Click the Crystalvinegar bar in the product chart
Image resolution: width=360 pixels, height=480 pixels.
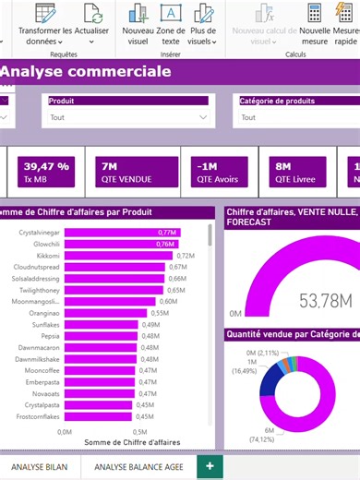click(x=120, y=232)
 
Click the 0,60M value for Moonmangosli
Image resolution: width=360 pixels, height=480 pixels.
click(x=168, y=301)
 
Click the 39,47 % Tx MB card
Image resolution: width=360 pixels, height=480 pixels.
click(x=46, y=171)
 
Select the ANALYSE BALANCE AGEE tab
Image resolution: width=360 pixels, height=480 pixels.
click(x=138, y=467)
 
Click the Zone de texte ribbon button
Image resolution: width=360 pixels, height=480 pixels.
click(x=171, y=25)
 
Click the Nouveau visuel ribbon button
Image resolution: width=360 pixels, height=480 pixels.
click(x=138, y=25)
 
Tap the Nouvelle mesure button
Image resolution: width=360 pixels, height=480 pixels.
click(x=315, y=25)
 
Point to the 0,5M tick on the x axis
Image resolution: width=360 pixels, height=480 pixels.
click(x=138, y=431)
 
